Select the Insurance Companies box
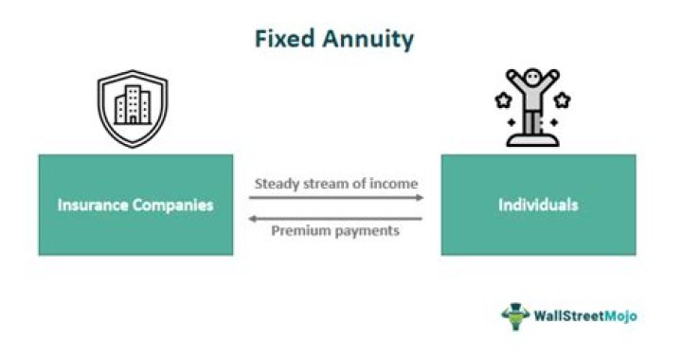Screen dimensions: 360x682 click(135, 204)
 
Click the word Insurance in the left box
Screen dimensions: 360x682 click(95, 205)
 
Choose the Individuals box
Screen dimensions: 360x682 click(538, 204)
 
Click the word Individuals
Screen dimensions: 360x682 click(538, 205)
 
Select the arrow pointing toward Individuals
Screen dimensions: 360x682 click(336, 198)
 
